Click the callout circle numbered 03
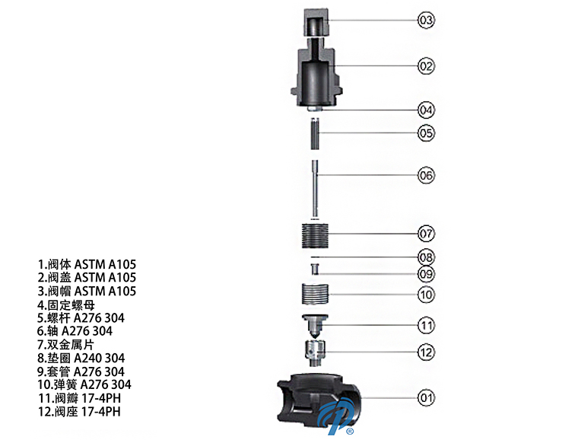click(426, 20)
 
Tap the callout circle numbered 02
click(426, 66)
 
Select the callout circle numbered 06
click(426, 175)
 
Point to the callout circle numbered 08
click(426, 257)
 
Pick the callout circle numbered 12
click(426, 352)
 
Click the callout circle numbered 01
click(426, 397)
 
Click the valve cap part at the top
click(316, 22)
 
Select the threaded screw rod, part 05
click(314, 133)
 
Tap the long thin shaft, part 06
click(315, 189)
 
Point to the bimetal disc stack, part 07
click(315, 235)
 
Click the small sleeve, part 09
click(315, 269)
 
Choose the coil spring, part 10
click(315, 294)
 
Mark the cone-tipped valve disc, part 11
click(315, 327)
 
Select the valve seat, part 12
click(315, 353)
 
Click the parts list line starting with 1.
click(87, 264)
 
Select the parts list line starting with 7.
click(65, 345)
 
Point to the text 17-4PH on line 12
click(100, 412)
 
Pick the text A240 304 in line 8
click(100, 358)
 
